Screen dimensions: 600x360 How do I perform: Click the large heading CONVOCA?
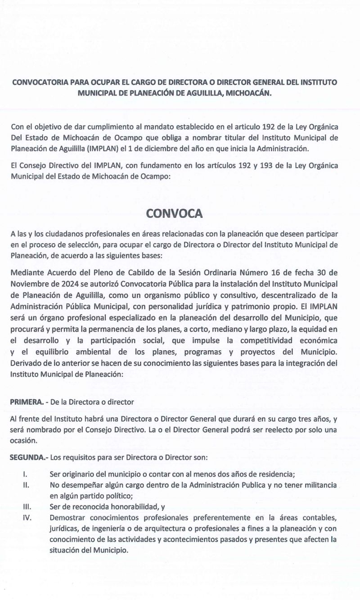point(180,213)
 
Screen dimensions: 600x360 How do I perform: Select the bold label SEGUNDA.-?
point(28,457)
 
